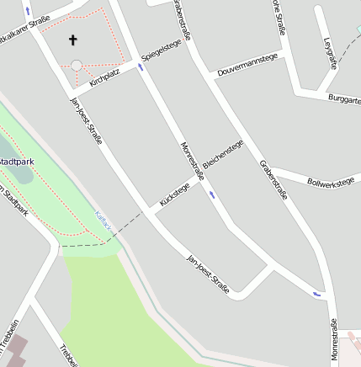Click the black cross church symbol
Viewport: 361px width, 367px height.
pos(72,39)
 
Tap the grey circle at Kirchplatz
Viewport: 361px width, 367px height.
pos(77,65)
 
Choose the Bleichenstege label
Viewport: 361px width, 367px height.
pos(223,154)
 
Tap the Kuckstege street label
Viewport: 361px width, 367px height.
pos(174,194)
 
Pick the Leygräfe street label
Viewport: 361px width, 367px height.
pos(329,52)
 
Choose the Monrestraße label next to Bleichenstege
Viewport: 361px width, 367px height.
pos(193,162)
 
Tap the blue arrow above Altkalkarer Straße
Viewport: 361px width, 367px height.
pos(28,10)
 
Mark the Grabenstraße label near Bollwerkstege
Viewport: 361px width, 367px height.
pos(273,178)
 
